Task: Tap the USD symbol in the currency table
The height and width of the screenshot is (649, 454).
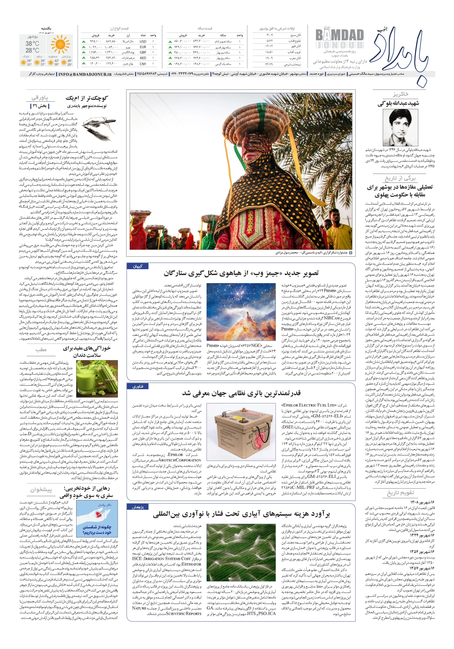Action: click(143, 41)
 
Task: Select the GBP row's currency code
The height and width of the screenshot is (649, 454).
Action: click(143, 52)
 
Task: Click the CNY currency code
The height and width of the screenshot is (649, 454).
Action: click(143, 64)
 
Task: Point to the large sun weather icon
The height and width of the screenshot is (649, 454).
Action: click(60, 44)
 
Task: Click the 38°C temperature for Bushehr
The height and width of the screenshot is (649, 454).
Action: click(32, 44)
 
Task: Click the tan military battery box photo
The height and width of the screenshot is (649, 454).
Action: click(241, 432)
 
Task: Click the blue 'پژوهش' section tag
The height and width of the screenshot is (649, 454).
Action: click(138, 507)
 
